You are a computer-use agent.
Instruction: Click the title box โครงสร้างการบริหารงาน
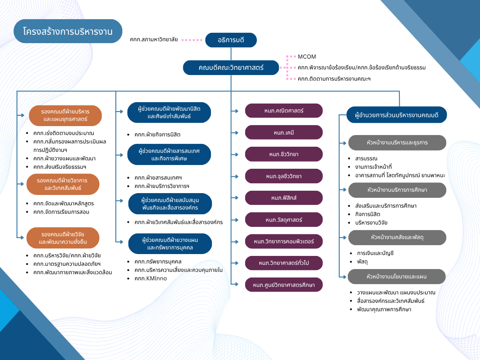68,31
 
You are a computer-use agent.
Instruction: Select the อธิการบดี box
231,40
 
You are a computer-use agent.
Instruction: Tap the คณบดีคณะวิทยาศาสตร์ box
231,67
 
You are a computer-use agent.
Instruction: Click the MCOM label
307,57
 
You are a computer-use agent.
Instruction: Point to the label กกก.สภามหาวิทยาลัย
154,40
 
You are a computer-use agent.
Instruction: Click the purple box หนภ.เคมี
284,132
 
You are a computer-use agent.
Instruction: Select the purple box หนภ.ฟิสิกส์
284,198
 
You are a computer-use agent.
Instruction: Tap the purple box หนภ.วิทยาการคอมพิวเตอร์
284,241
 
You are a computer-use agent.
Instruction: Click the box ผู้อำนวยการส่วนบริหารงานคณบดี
397,114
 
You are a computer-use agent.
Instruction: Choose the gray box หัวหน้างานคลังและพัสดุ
397,237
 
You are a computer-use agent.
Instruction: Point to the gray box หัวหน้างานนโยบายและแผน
397,277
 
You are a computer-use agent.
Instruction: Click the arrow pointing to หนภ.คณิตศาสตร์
236,111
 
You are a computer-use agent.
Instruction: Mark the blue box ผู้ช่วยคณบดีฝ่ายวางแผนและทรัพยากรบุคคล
170,243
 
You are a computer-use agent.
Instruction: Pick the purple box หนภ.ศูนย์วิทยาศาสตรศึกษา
284,285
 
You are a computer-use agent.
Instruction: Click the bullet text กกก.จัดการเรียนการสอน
61,212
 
